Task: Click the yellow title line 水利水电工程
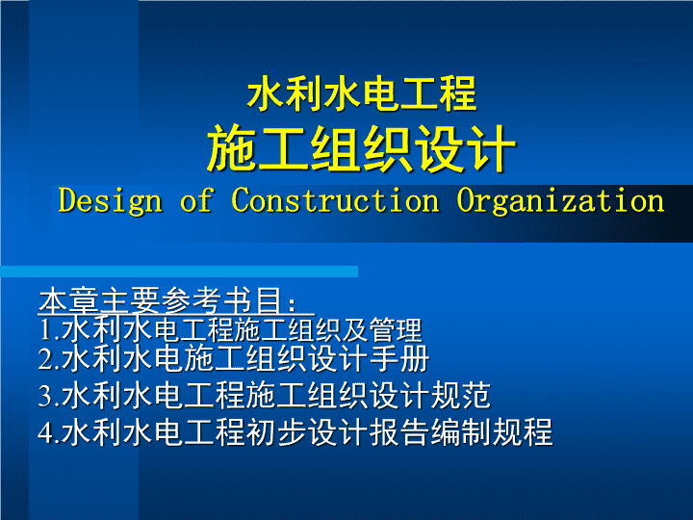tap(362, 93)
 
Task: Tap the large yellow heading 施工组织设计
tap(362, 148)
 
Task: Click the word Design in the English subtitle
tap(111, 201)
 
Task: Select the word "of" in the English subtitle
tap(197, 200)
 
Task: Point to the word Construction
tap(336, 200)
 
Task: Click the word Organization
tap(560, 201)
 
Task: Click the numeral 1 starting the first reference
tap(45, 329)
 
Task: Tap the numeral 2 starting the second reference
tap(45, 358)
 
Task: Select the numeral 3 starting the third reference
tap(45, 396)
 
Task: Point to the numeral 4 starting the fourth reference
tap(45, 432)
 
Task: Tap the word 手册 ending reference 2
tap(398, 358)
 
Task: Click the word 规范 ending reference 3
tap(460, 396)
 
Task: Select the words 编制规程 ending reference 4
tap(492, 432)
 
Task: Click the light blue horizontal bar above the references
tap(179, 272)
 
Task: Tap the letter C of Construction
tap(241, 200)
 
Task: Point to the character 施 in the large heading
tap(232, 148)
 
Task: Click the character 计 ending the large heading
tap(492, 148)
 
